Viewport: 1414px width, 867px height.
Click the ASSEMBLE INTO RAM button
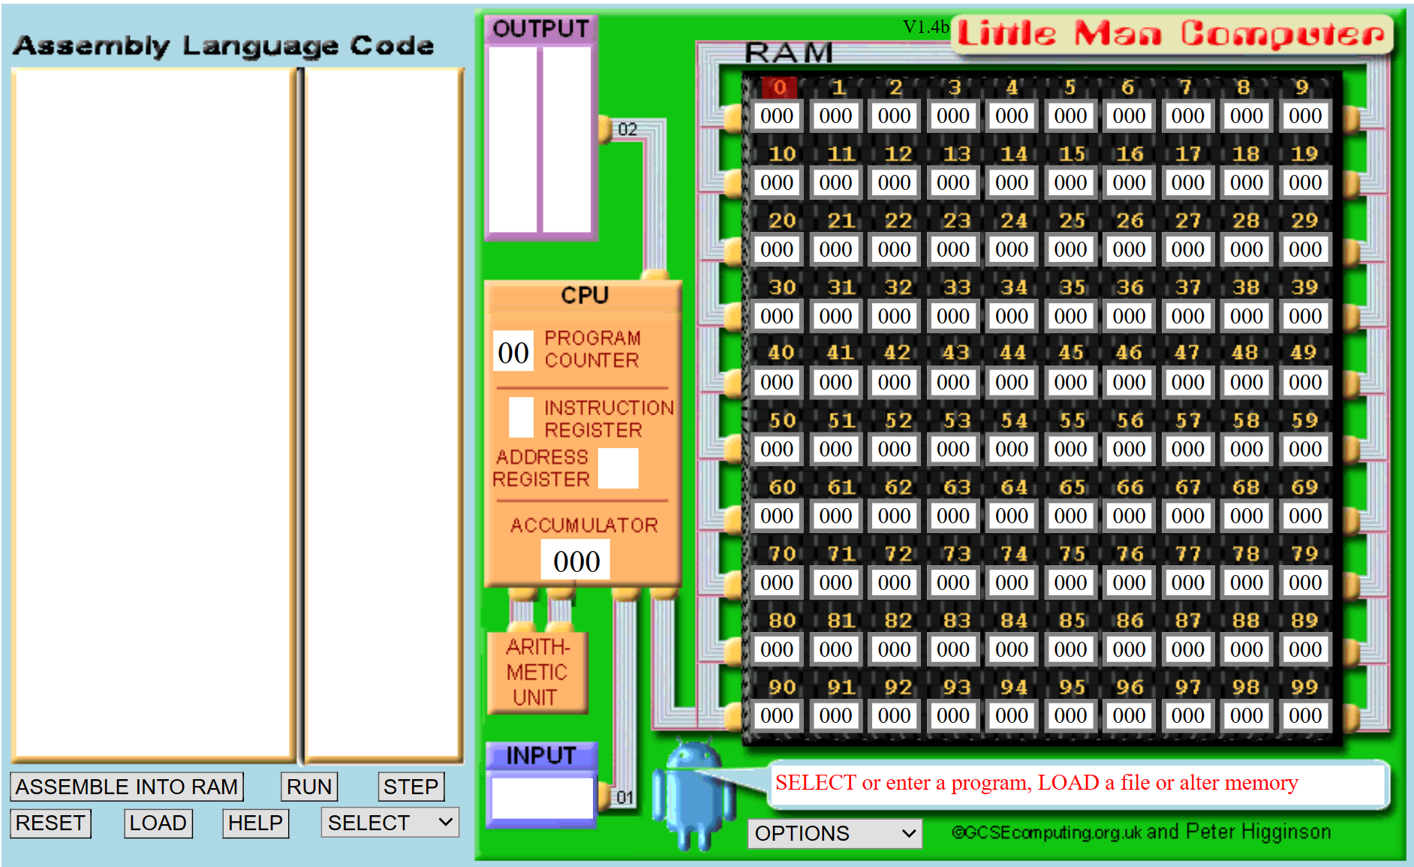(x=127, y=787)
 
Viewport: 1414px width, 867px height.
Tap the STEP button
(x=411, y=787)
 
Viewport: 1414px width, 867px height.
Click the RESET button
(x=50, y=823)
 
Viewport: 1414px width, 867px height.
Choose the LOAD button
(x=158, y=823)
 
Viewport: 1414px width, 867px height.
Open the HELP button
(x=255, y=823)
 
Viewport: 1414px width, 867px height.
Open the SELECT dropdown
(x=390, y=823)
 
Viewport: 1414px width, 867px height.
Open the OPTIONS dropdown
(x=835, y=833)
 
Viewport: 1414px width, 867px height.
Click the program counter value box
(x=513, y=352)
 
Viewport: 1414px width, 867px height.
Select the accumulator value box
(x=576, y=561)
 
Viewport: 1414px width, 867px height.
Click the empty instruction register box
(x=522, y=417)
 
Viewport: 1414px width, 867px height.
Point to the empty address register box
(x=618, y=468)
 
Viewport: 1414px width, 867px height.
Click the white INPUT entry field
(x=542, y=798)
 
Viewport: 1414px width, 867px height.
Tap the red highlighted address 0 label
(x=779, y=88)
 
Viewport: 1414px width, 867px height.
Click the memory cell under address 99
(x=1305, y=715)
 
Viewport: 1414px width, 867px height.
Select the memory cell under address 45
(x=1070, y=382)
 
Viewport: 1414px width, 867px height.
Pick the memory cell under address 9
(x=1305, y=116)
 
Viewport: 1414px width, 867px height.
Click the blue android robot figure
(x=693, y=796)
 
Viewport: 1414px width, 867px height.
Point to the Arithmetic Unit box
(x=537, y=673)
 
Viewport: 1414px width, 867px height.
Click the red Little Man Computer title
(x=1171, y=34)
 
